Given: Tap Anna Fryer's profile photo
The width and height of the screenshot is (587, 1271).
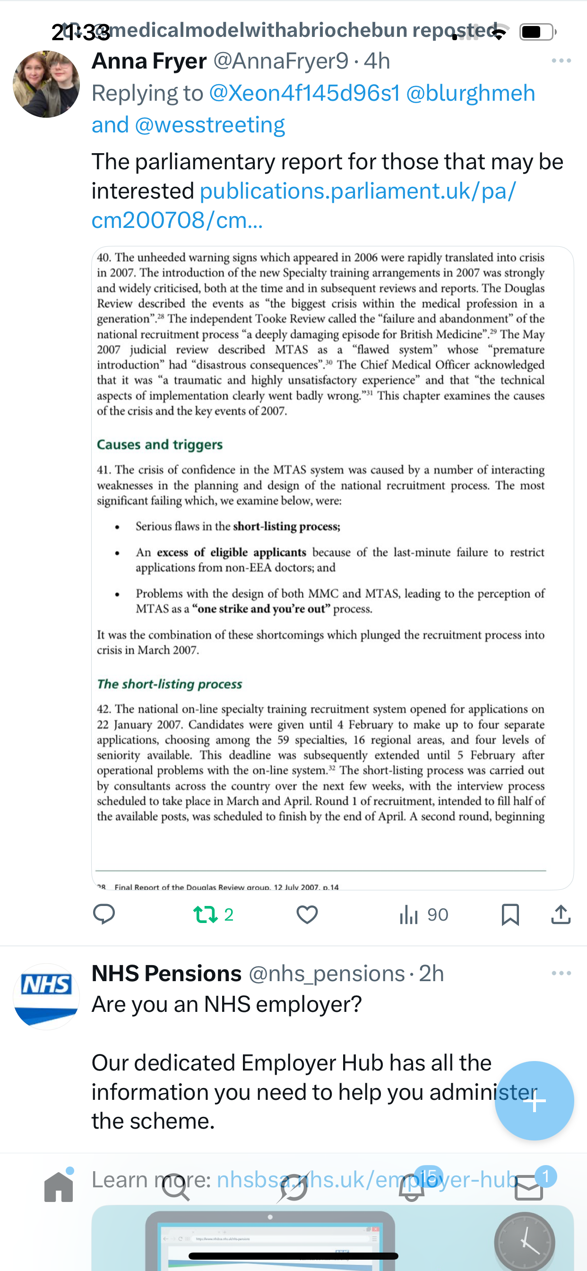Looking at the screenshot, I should tap(46, 84).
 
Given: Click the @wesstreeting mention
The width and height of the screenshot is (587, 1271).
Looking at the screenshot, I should tap(210, 125).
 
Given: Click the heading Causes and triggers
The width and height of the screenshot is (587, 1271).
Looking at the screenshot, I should tap(159, 444).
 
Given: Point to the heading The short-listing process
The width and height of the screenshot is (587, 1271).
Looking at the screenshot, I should tap(169, 684).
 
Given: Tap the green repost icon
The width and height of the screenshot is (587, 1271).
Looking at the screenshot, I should tap(205, 914).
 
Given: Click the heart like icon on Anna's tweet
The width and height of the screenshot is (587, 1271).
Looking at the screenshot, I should tap(307, 914).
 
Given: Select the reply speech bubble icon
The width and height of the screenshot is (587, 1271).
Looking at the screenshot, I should tap(104, 914).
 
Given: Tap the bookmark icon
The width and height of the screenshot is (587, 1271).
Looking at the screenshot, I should tap(510, 914).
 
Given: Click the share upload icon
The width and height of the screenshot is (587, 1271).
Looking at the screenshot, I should tap(561, 914).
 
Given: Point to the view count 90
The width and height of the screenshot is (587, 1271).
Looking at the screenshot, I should tap(438, 915).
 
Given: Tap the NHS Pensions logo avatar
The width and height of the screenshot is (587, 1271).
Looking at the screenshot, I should tap(46, 996).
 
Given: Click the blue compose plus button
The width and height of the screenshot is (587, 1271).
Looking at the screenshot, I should tap(534, 1101).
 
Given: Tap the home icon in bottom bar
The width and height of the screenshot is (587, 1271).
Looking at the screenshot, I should tap(59, 1187).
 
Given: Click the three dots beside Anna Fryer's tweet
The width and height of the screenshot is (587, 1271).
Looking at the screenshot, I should tap(561, 61).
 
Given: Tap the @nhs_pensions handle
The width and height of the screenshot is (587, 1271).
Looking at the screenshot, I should tap(327, 974).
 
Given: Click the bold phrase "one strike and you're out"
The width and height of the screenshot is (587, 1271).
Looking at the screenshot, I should tap(261, 609).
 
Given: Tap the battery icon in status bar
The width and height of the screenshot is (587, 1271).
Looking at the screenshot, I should tap(537, 32).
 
